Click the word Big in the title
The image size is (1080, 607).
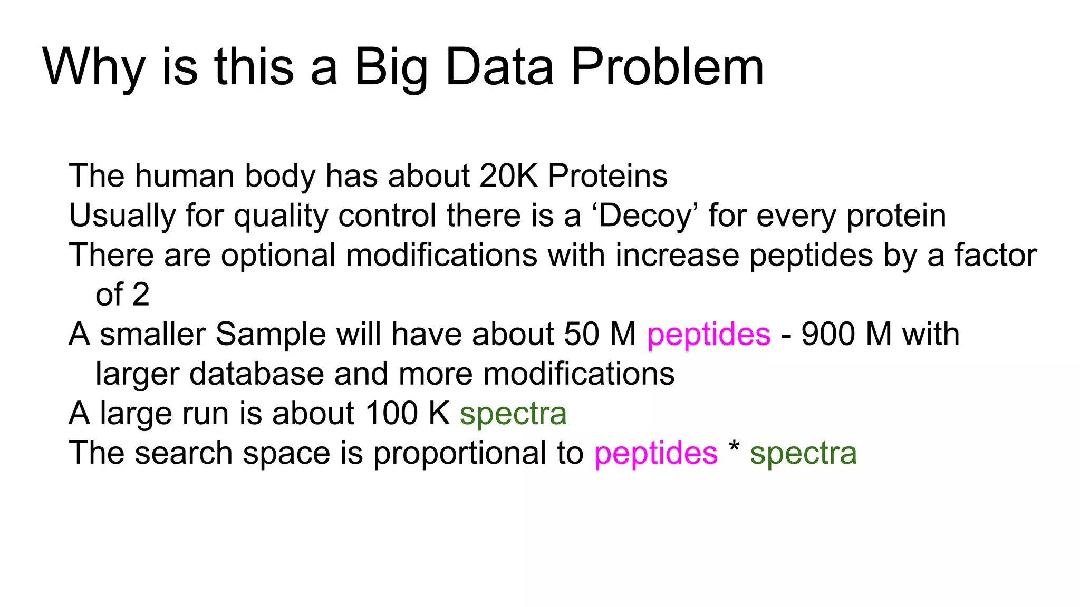tap(391, 67)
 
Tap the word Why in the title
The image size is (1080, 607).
tap(94, 67)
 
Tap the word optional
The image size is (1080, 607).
tap(278, 256)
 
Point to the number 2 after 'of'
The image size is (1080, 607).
tap(141, 295)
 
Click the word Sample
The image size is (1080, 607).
tap(271, 335)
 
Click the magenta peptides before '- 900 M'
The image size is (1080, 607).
tap(709, 335)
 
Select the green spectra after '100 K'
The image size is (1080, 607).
tap(513, 414)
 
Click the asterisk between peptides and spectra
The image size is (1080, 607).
tap(734, 448)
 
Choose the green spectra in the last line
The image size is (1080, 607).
tap(803, 454)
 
